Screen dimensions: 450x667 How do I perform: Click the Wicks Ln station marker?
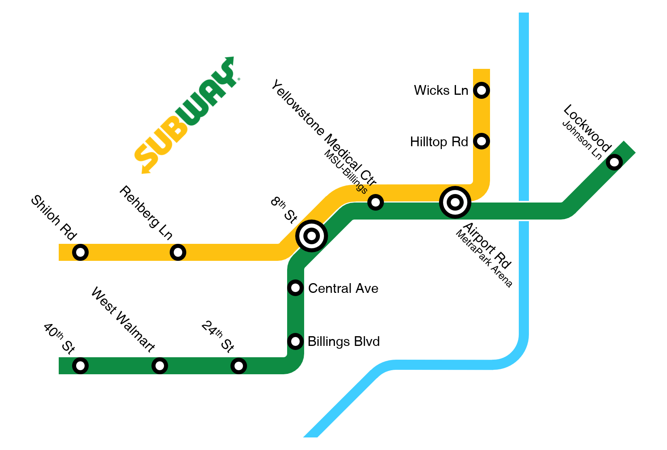(481, 90)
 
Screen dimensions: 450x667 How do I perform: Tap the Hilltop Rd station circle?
(481, 141)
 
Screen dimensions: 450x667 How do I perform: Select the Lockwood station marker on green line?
(614, 162)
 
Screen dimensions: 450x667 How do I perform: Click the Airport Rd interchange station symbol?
(455, 202)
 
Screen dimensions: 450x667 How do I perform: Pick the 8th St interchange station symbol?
(311, 236)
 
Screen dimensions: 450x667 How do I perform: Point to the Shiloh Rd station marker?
(81, 252)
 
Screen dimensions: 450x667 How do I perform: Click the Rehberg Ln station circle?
(178, 252)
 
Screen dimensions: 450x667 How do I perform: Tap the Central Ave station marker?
(295, 288)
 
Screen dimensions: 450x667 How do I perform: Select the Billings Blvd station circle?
(295, 341)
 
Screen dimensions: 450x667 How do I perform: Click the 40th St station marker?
(81, 366)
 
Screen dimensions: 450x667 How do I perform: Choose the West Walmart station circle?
(160, 366)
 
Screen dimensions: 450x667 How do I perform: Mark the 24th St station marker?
(239, 366)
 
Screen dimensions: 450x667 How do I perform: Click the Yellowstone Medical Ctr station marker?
(375, 202)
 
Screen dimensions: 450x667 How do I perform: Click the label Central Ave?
(343, 288)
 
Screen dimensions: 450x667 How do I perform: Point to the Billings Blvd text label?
(343, 341)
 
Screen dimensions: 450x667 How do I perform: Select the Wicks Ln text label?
(441, 90)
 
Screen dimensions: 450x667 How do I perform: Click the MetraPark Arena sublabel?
(484, 259)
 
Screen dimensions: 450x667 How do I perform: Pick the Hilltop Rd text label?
(439, 142)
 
